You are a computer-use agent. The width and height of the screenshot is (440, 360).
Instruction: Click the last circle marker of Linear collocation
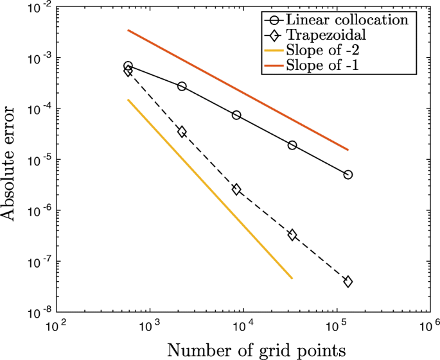tap(348, 175)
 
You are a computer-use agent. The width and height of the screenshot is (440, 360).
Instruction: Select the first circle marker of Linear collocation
tap(128, 66)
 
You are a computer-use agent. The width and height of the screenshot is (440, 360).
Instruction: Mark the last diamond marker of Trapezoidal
tap(348, 282)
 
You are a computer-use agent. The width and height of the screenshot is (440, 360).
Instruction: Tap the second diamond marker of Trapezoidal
tap(182, 132)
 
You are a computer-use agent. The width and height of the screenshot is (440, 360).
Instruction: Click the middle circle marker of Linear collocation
tap(236, 115)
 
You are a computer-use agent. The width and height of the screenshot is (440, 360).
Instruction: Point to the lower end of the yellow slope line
tap(292, 279)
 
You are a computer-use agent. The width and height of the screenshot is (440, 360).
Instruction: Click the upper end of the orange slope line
tap(128, 30)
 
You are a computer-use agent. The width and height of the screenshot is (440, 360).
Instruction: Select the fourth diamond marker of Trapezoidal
tap(292, 235)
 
